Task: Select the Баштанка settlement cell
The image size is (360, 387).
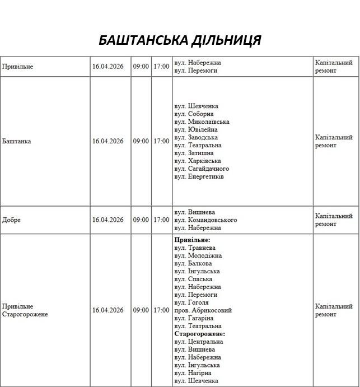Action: coord(17,141)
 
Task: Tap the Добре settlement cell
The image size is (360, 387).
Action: coord(12,220)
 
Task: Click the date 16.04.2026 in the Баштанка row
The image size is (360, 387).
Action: coord(108,141)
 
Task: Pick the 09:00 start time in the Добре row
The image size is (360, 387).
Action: coord(141,220)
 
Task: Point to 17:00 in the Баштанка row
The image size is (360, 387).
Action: coord(161,141)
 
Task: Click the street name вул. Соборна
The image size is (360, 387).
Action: coord(194,114)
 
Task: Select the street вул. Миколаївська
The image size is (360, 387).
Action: coord(202,122)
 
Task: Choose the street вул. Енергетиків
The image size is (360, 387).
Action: coord(199,176)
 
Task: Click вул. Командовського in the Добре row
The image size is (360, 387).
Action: coord(205,220)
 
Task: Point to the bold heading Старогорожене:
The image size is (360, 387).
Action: coord(199,334)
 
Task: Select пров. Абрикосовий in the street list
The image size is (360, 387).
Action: coord(203,310)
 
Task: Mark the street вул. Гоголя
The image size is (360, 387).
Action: coord(192,302)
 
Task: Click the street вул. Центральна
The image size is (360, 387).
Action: coord(199,342)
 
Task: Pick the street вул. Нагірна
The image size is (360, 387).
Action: coord(193,373)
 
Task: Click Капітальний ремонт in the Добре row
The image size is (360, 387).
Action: coord(334,220)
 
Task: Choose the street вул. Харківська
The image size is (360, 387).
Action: coord(198,161)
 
